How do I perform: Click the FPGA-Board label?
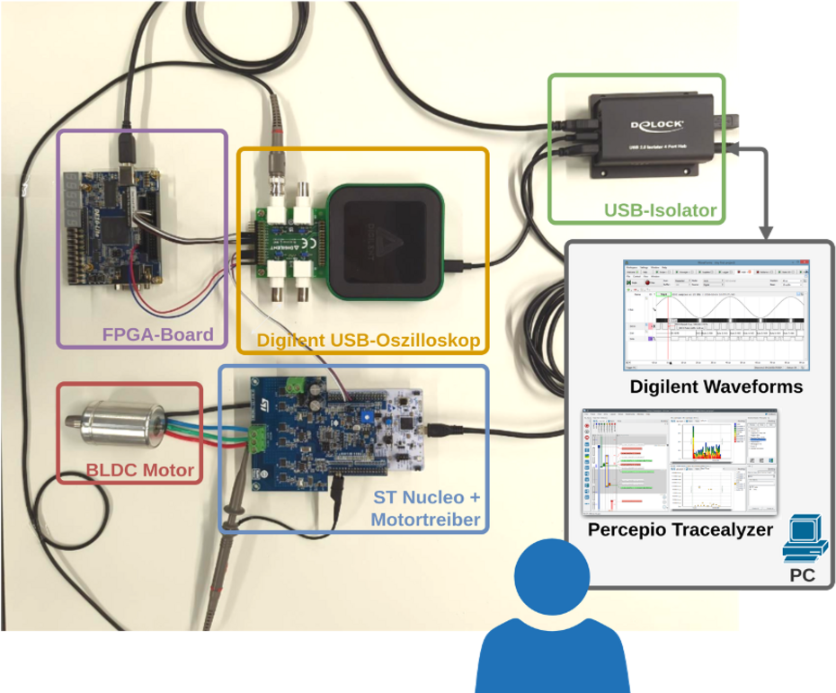tap(157, 335)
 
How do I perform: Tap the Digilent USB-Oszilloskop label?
tap(369, 341)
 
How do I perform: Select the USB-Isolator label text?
tap(660, 211)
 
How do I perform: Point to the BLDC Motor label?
tap(140, 469)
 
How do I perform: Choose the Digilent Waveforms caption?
tap(716, 387)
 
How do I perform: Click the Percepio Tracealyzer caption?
tap(680, 529)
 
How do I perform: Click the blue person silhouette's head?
tap(552, 573)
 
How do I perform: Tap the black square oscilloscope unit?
tap(385, 241)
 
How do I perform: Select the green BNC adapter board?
tap(285, 243)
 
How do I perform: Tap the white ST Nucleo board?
tap(396, 431)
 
